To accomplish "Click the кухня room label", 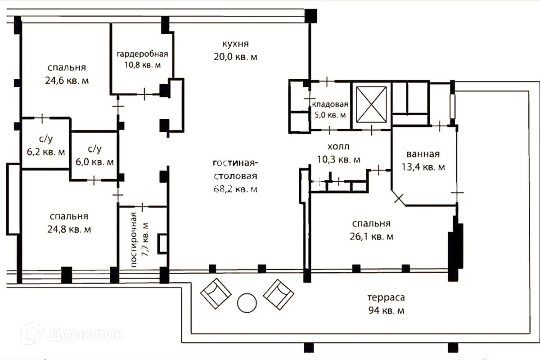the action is tap(235, 44).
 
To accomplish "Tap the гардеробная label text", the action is tap(142, 54).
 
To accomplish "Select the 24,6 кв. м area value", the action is tap(67, 81).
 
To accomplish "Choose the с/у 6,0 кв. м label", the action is tap(94, 155).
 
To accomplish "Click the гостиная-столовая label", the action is tap(235, 169).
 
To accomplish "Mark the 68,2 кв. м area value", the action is tap(235, 189).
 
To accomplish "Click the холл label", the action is tap(338, 147).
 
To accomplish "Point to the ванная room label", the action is tap(423, 154).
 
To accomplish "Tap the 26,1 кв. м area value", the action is tap(371, 237).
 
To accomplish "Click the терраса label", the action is tap(386, 298).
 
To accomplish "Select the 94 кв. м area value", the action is tap(386, 311).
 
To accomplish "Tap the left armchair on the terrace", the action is tap(216, 293).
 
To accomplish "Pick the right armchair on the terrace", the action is tap(279, 293).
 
